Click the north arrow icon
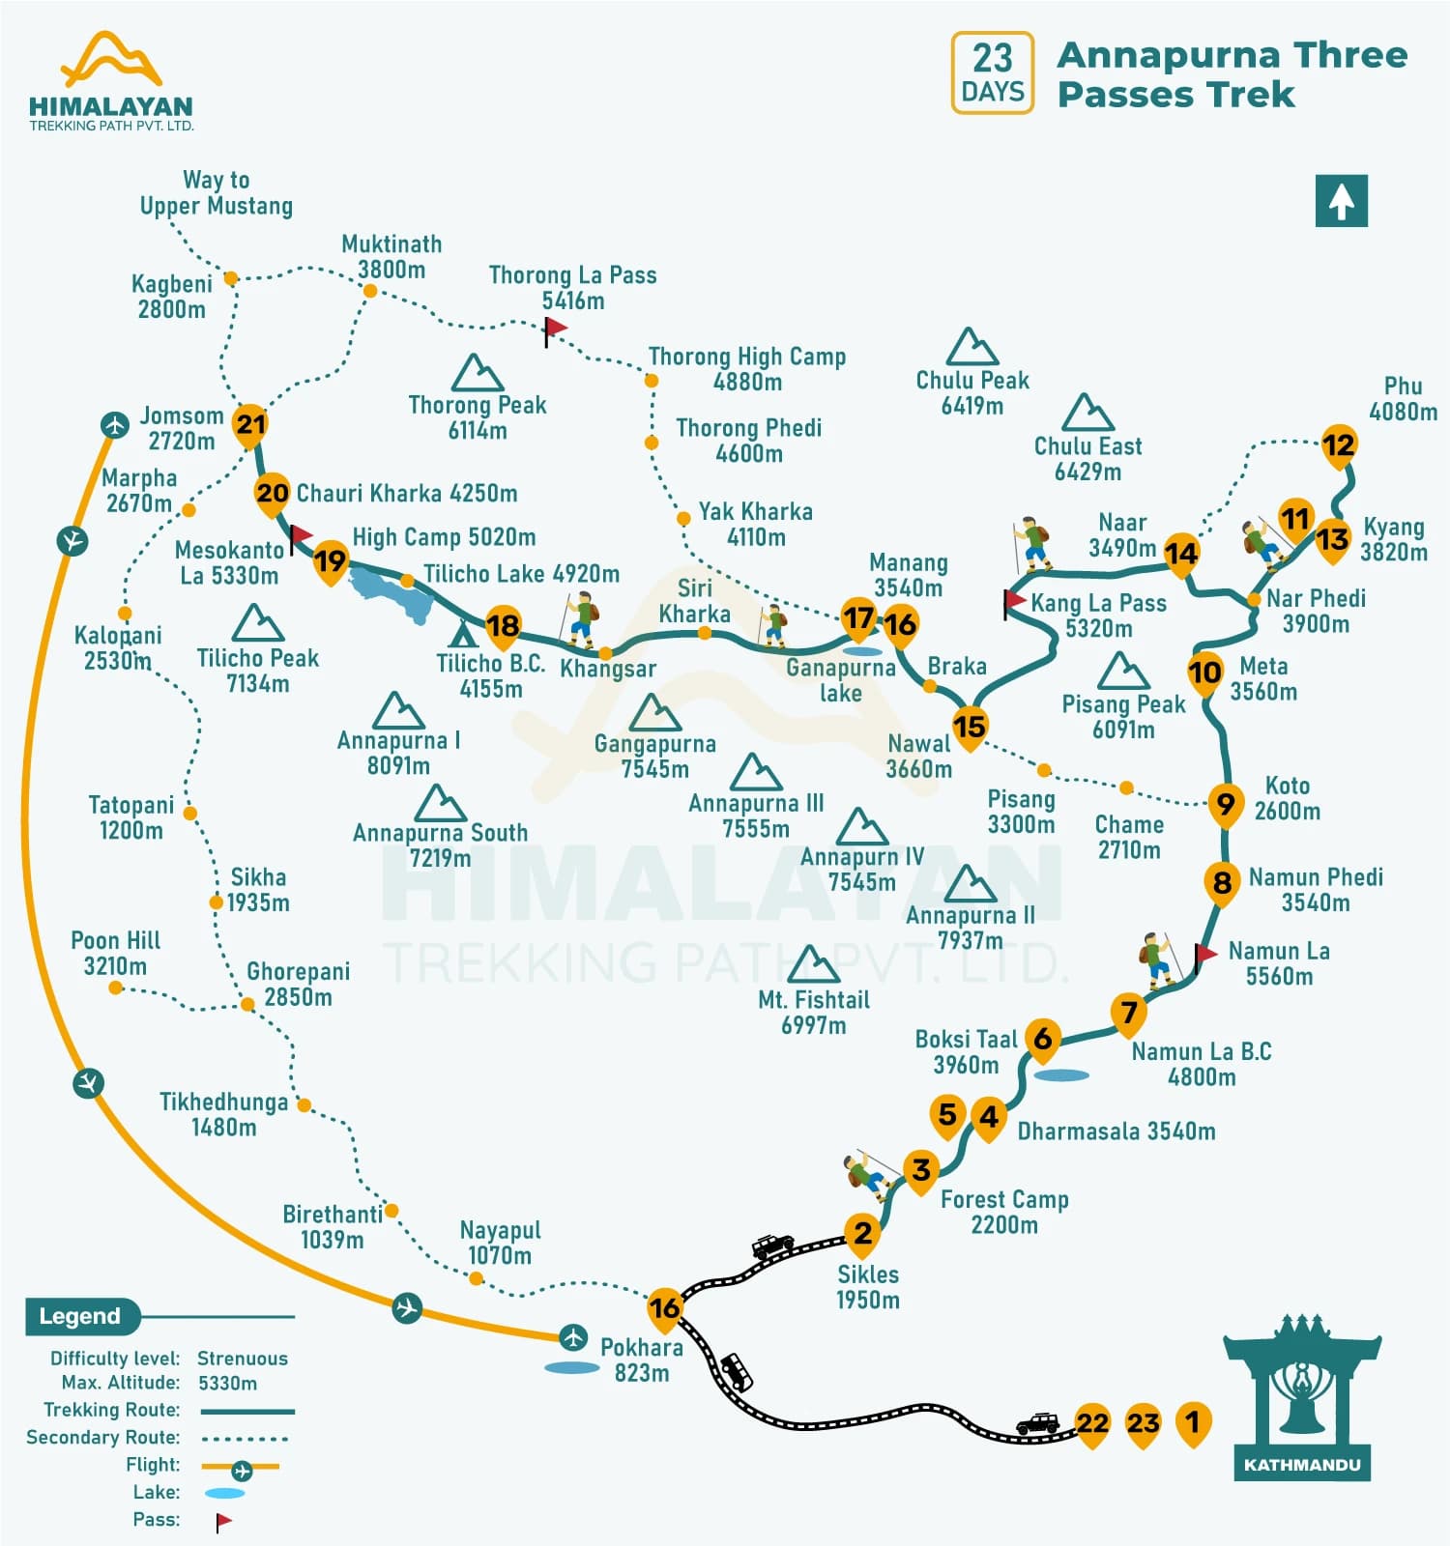(1341, 201)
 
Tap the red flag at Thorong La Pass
(555, 329)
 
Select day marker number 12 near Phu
(1338, 445)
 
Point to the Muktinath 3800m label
(391, 257)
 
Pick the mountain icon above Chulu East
(1087, 414)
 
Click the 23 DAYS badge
(992, 72)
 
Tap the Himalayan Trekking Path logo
(110, 82)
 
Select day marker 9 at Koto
(1225, 803)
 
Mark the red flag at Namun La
(1204, 956)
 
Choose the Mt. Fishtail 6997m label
(813, 1012)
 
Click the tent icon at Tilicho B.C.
(463, 635)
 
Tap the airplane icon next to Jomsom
(115, 424)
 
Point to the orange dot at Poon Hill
(116, 988)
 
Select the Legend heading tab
(81, 1316)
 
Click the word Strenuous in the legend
(242, 1358)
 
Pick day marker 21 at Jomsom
(250, 424)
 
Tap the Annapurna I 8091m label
(398, 753)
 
